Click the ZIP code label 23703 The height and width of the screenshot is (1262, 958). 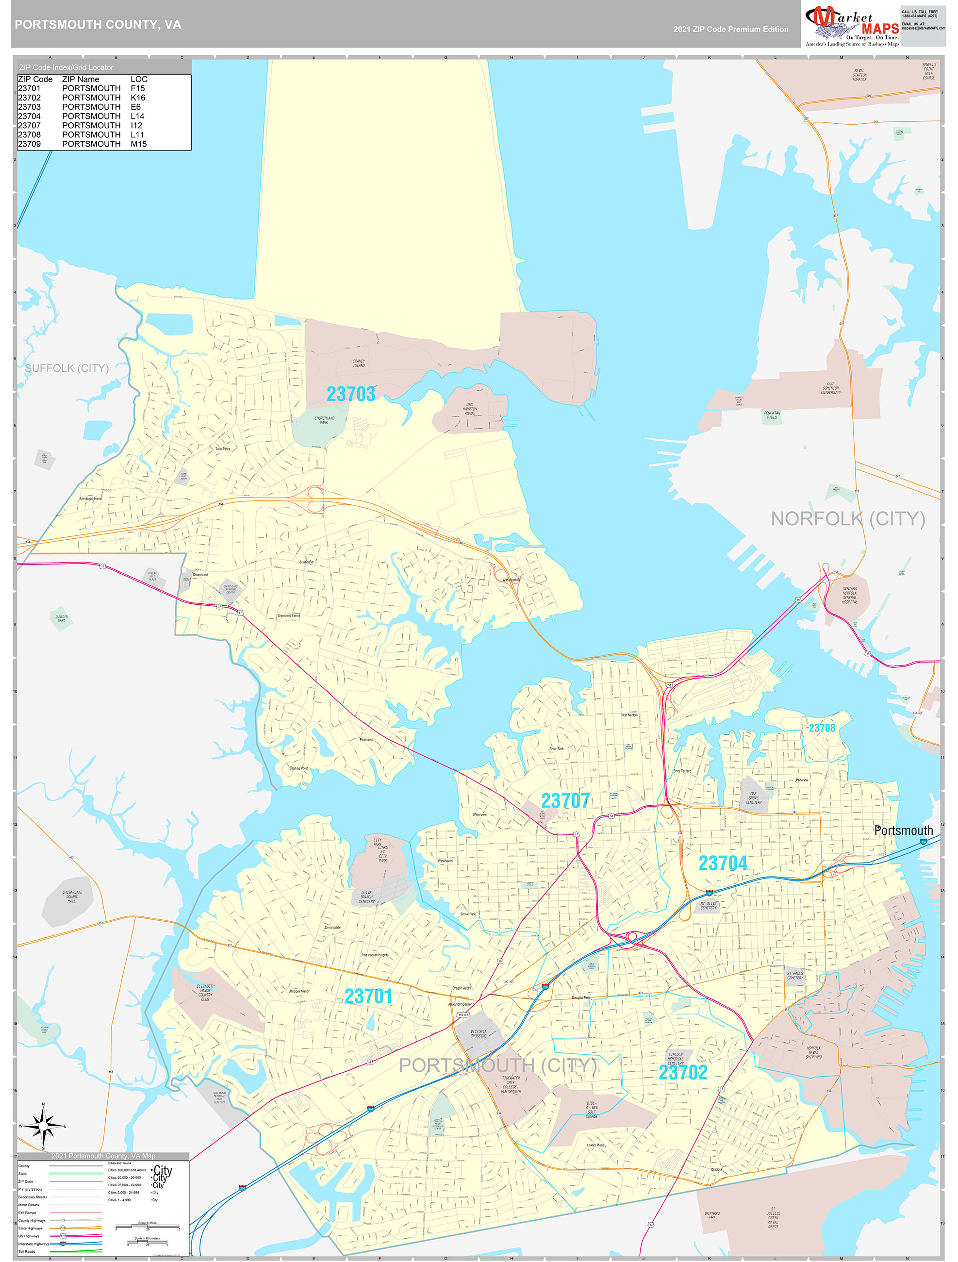point(350,394)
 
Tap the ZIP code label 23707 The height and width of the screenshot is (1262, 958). point(565,800)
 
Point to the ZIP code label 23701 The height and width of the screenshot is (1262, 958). point(368,996)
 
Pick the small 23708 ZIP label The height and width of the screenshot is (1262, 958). point(822,728)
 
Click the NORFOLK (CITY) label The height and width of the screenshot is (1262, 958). point(847,518)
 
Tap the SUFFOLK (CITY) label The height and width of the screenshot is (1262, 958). point(67,368)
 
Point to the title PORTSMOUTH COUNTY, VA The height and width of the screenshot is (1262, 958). point(98,25)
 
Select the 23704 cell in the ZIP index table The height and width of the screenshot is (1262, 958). point(29,116)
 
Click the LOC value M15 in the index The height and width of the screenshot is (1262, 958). point(139,144)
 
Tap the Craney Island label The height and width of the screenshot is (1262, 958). point(358,364)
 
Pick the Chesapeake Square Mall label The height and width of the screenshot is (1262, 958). point(72,897)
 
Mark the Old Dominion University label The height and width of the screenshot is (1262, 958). point(830,388)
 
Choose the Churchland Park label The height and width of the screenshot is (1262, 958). point(324,420)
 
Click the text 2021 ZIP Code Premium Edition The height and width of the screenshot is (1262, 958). point(730,29)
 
